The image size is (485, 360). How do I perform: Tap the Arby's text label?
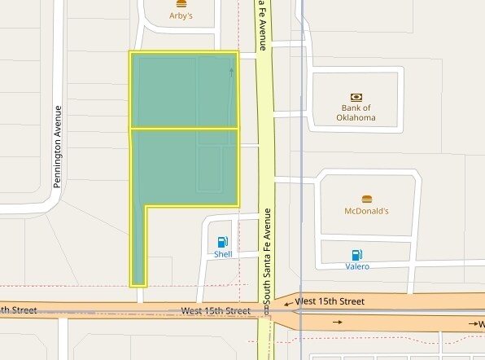click(181, 15)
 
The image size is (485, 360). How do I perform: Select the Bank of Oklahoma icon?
click(356, 97)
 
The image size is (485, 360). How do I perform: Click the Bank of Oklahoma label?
click(356, 112)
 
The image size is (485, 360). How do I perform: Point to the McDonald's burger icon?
click(366, 199)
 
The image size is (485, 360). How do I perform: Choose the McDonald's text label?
click(366, 211)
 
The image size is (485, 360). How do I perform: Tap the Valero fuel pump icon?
click(356, 255)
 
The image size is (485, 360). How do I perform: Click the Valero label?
click(356, 266)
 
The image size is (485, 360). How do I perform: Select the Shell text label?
click(223, 254)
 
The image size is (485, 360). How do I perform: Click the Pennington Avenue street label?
click(58, 147)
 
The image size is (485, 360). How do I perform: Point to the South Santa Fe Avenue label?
click(265, 260)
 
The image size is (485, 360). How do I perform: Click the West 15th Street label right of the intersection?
click(330, 301)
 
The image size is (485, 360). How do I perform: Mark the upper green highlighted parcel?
click(184, 90)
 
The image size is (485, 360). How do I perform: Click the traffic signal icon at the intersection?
click(266, 311)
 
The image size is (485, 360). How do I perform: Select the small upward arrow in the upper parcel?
click(231, 72)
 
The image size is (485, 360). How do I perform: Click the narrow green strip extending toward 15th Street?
click(138, 244)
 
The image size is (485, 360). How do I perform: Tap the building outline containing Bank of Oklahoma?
click(356, 99)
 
